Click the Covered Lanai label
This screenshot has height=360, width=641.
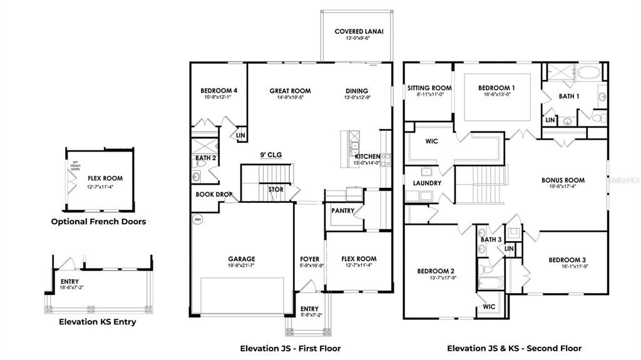[359, 31]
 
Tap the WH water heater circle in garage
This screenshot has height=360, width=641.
[197, 220]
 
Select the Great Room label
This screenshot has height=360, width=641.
[290, 91]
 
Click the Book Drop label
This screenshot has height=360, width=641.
[214, 195]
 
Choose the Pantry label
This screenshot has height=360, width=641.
[342, 211]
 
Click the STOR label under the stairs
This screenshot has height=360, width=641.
[275, 189]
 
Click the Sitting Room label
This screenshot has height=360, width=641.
[429, 88]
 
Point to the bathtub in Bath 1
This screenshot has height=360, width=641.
[587, 70]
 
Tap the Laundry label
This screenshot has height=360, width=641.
[427, 183]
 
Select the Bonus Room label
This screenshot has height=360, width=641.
[563, 180]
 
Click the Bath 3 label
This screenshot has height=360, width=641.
[491, 240]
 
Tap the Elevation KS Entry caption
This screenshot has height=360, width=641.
[97, 322]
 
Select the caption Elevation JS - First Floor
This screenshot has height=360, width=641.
[290, 348]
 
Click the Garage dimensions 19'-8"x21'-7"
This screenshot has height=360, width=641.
[241, 266]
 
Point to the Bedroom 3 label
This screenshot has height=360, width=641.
[567, 260]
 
